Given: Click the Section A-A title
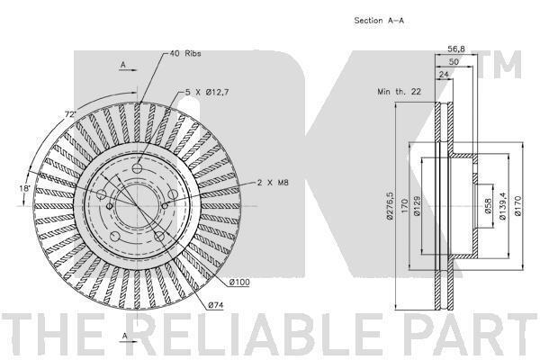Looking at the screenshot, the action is click(x=379, y=21).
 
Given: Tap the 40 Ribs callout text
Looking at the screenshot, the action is click(x=185, y=54).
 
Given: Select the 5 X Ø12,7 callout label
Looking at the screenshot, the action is click(x=207, y=93).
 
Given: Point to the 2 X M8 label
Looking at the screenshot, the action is click(x=273, y=183).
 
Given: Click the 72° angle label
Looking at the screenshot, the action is click(x=70, y=114).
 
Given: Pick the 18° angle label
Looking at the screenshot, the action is click(x=25, y=189).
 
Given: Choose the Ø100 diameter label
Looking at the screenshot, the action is click(x=239, y=283).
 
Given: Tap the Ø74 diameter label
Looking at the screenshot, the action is click(x=216, y=305).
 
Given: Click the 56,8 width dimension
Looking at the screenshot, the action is click(x=456, y=49).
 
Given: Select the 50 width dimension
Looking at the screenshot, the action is click(x=454, y=62).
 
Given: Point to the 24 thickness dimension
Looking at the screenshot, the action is click(x=444, y=74).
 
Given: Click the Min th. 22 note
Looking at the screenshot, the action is click(x=399, y=92).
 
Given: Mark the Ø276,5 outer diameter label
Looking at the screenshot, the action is click(x=390, y=206).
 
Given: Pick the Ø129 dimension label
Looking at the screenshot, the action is click(x=417, y=206).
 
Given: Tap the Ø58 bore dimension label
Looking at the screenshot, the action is click(x=488, y=206).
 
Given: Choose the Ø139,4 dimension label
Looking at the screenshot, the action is click(x=502, y=206).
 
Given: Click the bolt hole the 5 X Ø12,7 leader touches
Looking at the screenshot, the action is click(x=138, y=169).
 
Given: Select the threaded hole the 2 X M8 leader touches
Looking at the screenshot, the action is click(x=165, y=206).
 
